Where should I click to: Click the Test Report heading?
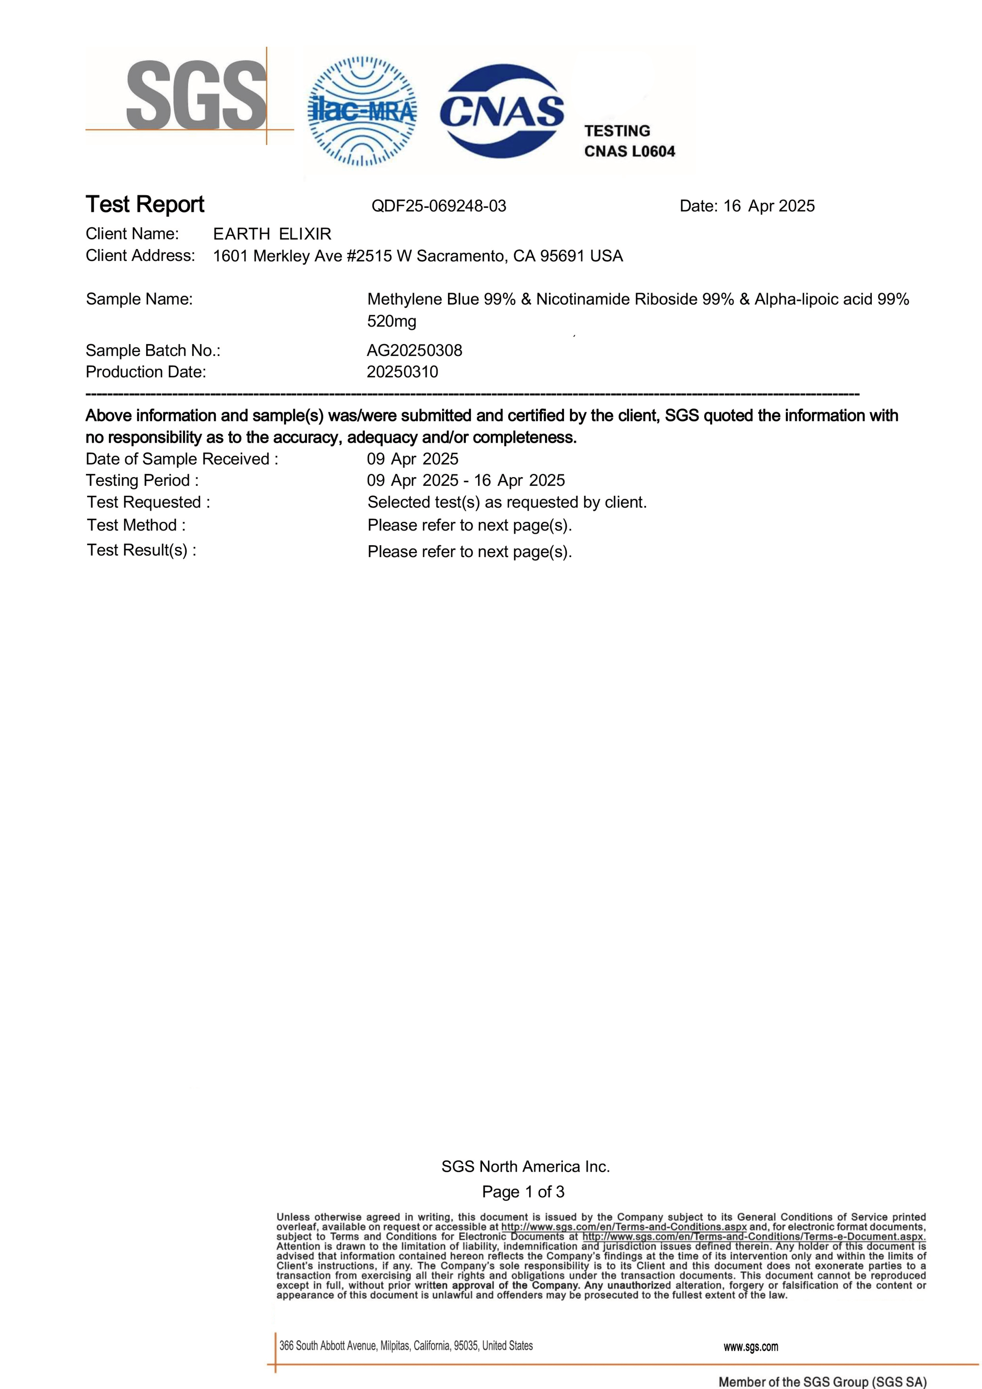point(145,205)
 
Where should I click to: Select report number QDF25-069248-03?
point(439,206)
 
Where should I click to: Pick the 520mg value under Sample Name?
point(391,321)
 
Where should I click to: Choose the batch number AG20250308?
point(414,350)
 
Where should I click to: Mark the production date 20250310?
point(402,372)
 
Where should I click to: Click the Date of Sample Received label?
point(181,459)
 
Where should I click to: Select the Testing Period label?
point(142,480)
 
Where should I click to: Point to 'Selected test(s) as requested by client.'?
point(507,503)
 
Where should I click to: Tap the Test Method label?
point(136,525)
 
